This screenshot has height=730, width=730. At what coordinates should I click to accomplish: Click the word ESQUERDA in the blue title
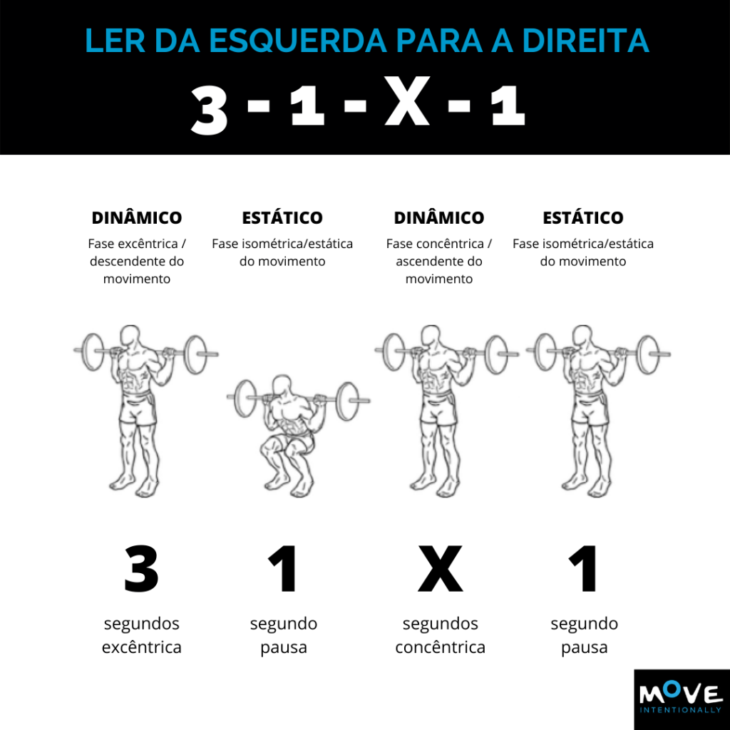coord(298,41)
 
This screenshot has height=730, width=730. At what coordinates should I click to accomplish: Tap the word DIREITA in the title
coord(586,41)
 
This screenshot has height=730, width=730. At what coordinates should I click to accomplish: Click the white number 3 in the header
coord(210,110)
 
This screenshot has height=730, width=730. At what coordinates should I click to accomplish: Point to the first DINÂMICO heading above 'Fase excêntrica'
coord(137,218)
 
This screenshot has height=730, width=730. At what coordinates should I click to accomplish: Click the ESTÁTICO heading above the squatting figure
coord(282,218)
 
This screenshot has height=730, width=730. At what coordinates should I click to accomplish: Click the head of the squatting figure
coord(282,386)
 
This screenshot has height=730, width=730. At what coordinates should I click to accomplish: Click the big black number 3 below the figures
coord(142,569)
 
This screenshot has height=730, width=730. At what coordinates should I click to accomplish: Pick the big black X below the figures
coord(441,569)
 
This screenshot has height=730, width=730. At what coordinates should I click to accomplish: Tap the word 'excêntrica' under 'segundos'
coord(142,647)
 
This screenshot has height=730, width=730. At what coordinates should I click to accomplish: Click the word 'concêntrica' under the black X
coord(441,647)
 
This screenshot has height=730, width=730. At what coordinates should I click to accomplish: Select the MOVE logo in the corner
coord(682,699)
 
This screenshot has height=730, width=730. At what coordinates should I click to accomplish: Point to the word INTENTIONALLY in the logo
coord(680,710)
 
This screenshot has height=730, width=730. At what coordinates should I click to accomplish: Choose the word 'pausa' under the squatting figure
coord(284,647)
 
